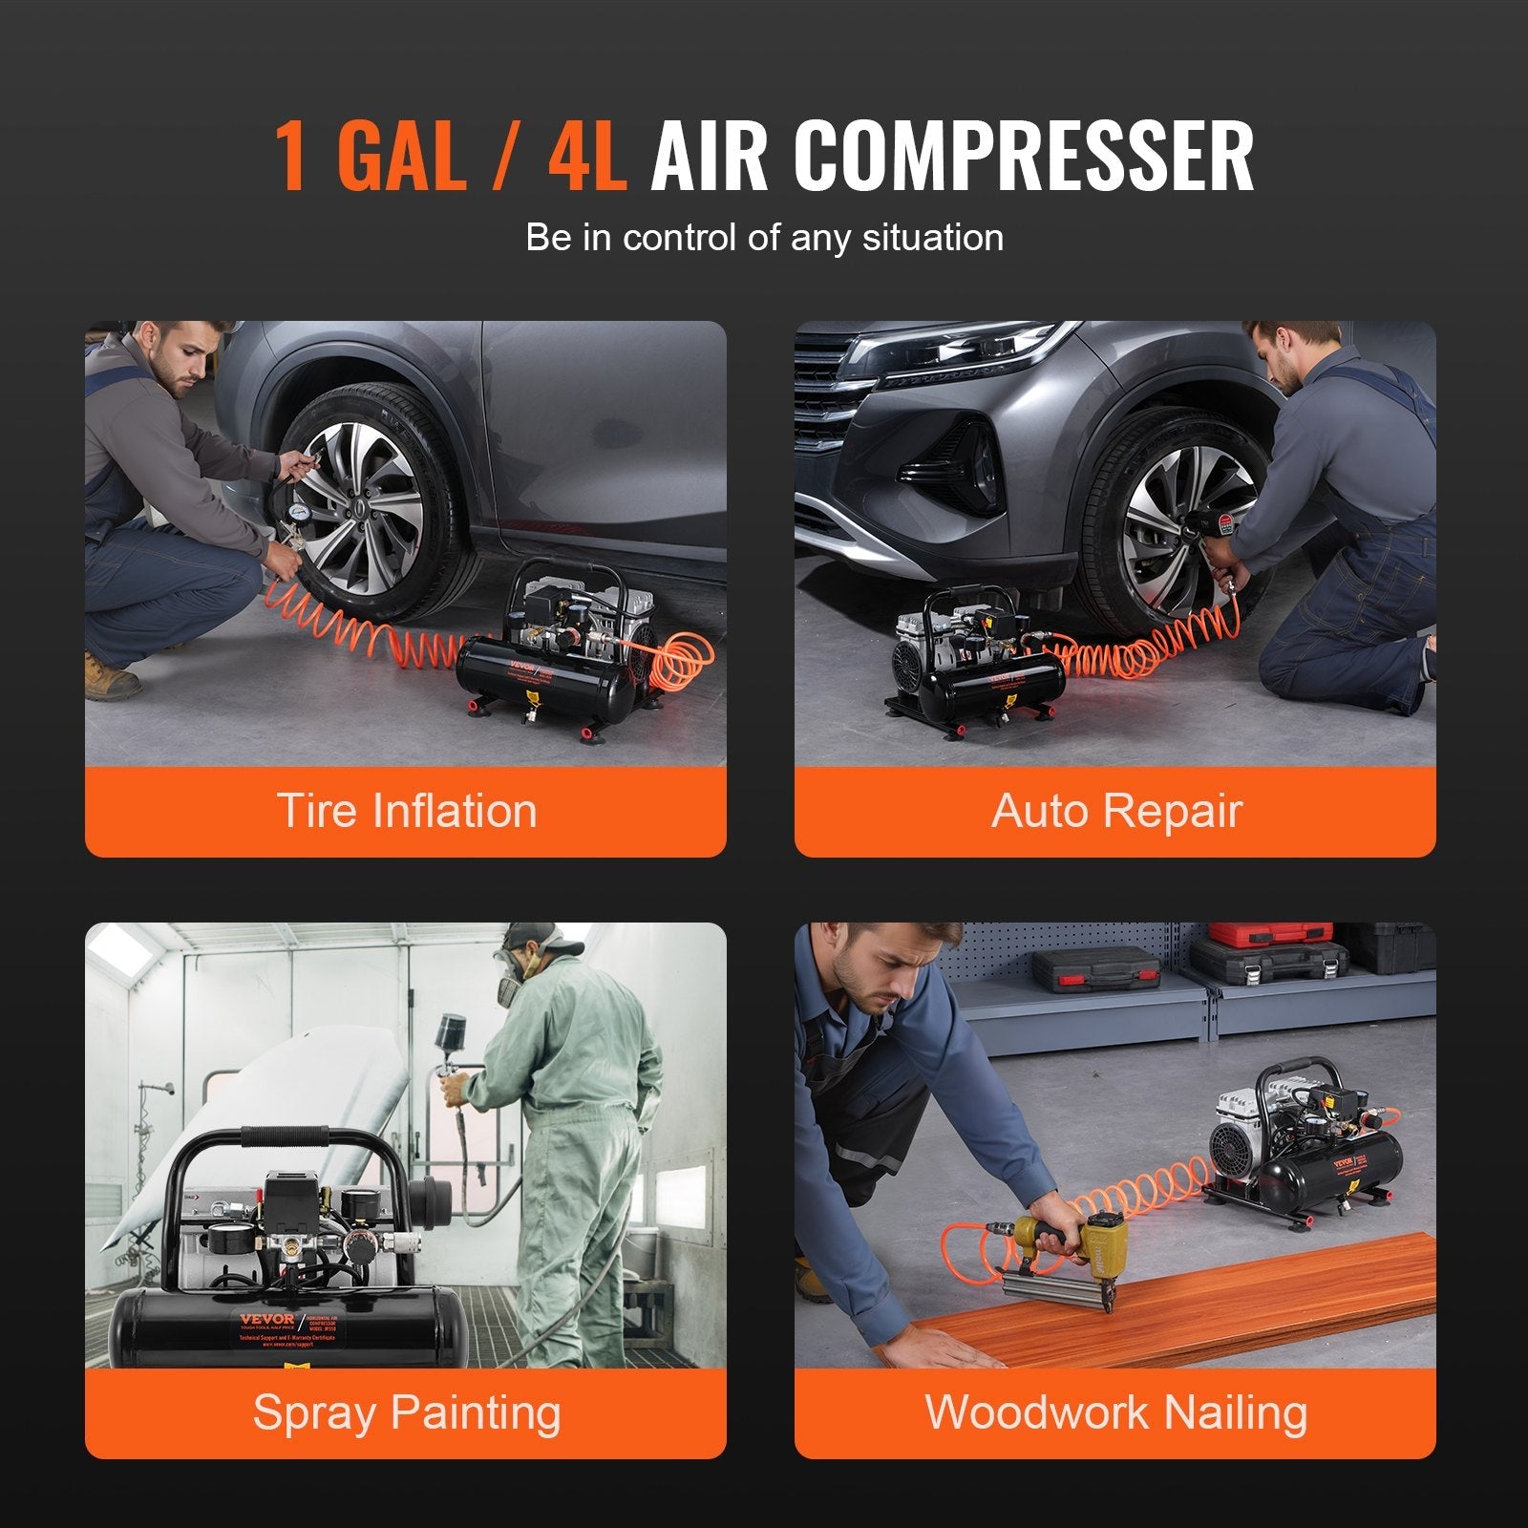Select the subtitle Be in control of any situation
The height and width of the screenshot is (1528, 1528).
[764, 237]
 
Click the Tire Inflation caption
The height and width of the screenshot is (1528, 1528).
[407, 811]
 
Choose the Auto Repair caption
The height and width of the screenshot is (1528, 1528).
[1115, 811]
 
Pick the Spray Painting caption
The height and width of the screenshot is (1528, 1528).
[407, 1412]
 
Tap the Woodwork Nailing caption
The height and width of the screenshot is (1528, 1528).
[1115, 1412]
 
